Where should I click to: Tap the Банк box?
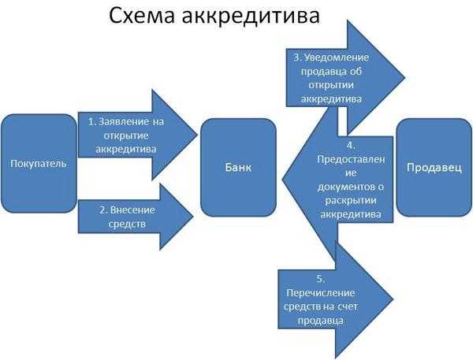(x=238, y=167)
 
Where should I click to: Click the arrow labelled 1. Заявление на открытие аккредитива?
(x=134, y=135)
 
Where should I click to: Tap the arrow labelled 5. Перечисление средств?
(x=331, y=300)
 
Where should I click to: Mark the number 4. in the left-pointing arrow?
(x=350, y=146)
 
